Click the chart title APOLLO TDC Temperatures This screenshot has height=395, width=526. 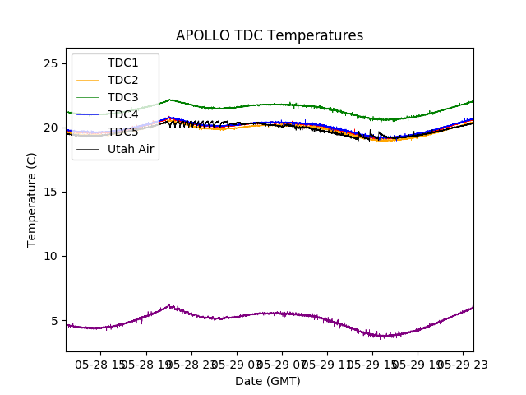pyautogui.click(x=270, y=35)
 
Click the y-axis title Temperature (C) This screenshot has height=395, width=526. pyautogui.click(x=32, y=200)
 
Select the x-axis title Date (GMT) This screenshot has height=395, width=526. pyautogui.click(x=268, y=381)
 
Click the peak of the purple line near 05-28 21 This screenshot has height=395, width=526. pyautogui.click(x=168, y=304)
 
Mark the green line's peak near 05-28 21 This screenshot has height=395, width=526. pyautogui.click(x=169, y=100)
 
